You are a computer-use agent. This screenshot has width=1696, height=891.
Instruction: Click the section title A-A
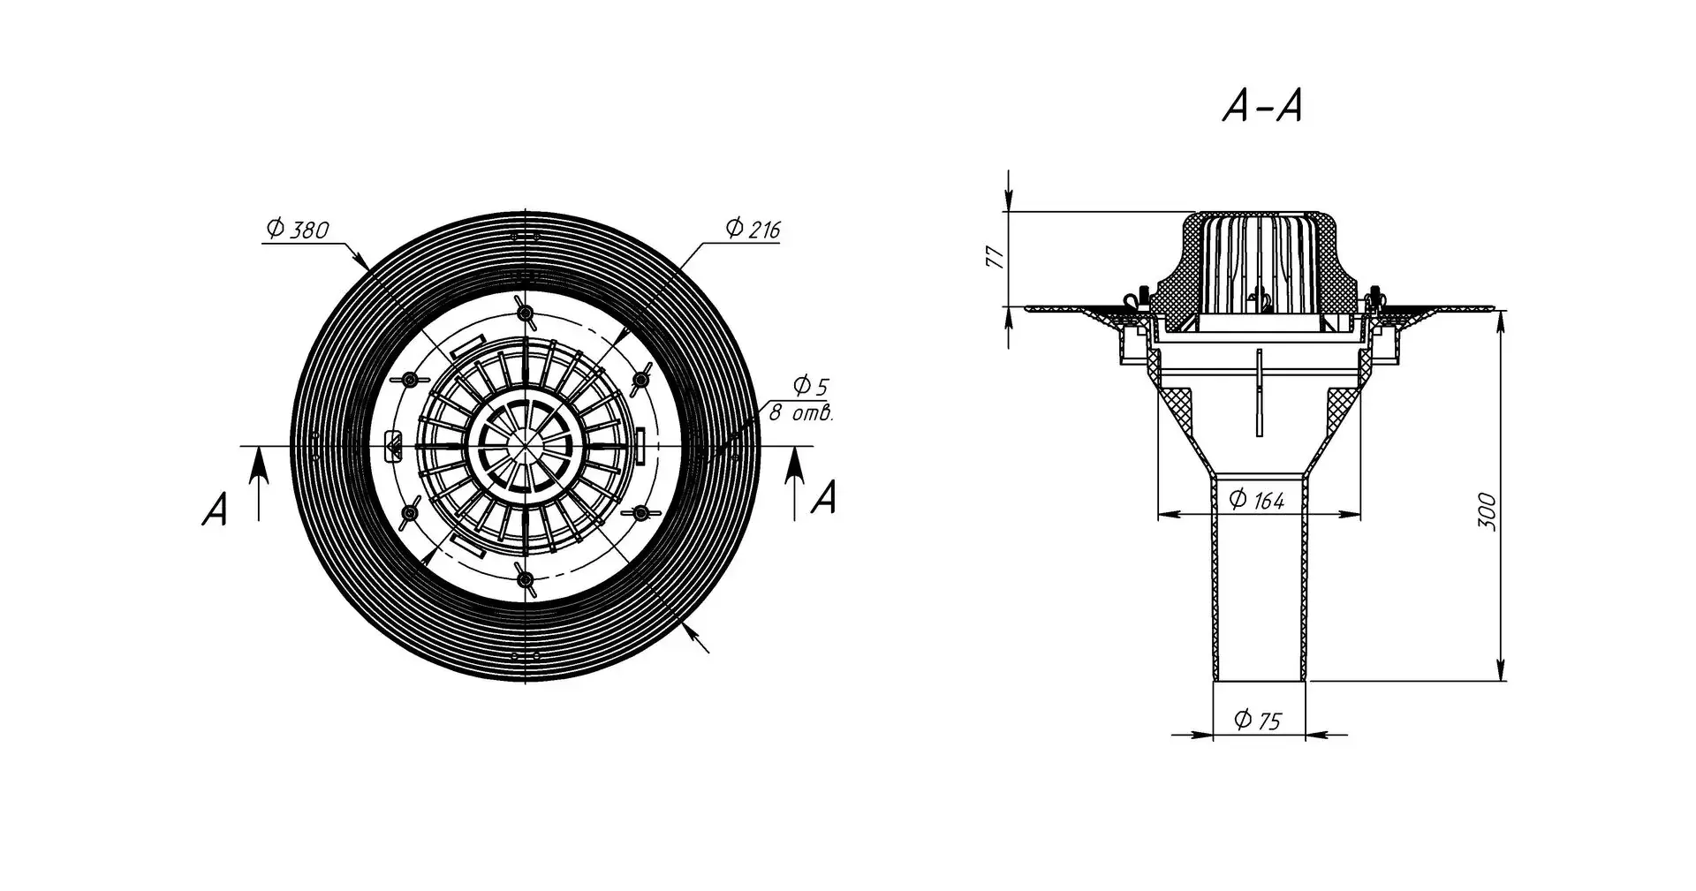coord(1261,108)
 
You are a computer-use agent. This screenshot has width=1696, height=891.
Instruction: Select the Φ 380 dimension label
coord(297,230)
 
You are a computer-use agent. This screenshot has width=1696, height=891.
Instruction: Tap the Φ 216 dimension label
coord(752,230)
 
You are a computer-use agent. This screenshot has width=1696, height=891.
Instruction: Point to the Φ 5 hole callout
coord(810,386)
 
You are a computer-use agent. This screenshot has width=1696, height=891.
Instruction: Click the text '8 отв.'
coord(800,413)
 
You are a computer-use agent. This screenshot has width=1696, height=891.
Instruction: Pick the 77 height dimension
coord(996,258)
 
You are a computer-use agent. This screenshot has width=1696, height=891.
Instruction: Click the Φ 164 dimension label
coord(1258,500)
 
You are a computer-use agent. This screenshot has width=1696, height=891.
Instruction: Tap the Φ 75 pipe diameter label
coord(1258,721)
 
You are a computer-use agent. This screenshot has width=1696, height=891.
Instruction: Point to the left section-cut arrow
coord(257,481)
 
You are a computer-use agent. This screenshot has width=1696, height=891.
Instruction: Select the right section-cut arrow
coord(795,481)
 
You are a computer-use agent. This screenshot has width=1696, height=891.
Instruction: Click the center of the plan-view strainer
coord(526,446)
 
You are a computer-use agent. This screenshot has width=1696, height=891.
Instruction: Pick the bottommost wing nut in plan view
coord(526,578)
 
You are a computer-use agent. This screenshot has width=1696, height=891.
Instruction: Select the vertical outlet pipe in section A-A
coord(1258,583)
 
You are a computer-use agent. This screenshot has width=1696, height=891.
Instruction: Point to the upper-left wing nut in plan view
coord(411,380)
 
